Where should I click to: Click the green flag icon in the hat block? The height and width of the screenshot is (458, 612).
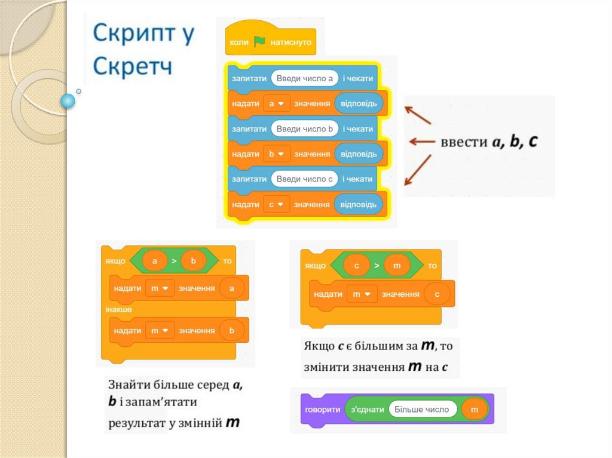point(259,42)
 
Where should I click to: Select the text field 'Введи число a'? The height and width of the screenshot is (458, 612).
point(305,78)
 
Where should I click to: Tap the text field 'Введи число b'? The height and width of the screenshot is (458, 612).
point(305,129)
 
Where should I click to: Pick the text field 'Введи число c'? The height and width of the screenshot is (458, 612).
point(305,179)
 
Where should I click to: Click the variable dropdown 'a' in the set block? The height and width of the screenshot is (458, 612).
point(277,104)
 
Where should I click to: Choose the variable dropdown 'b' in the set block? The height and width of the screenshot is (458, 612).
point(277,154)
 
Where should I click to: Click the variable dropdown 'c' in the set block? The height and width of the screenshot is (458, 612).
point(277,204)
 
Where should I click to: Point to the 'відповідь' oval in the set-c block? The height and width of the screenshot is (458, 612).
point(359,204)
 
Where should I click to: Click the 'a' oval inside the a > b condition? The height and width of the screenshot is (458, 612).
point(155,261)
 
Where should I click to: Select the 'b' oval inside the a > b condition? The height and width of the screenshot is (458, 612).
point(193,261)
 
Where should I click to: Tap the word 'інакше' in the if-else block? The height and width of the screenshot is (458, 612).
point(119,309)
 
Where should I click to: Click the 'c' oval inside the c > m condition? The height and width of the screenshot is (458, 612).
point(357,265)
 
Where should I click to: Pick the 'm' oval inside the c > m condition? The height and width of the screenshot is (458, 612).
point(397,265)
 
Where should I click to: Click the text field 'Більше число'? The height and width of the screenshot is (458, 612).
point(423,410)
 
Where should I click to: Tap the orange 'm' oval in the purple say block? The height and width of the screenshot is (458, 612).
point(475,410)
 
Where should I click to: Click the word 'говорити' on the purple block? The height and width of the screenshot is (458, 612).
point(323,410)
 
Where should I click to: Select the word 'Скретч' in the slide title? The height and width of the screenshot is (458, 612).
point(133,64)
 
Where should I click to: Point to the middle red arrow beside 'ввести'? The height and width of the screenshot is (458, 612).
point(421,142)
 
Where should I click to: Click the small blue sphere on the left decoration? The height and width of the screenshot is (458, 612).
point(69,101)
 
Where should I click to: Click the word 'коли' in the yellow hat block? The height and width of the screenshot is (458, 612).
point(239,43)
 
